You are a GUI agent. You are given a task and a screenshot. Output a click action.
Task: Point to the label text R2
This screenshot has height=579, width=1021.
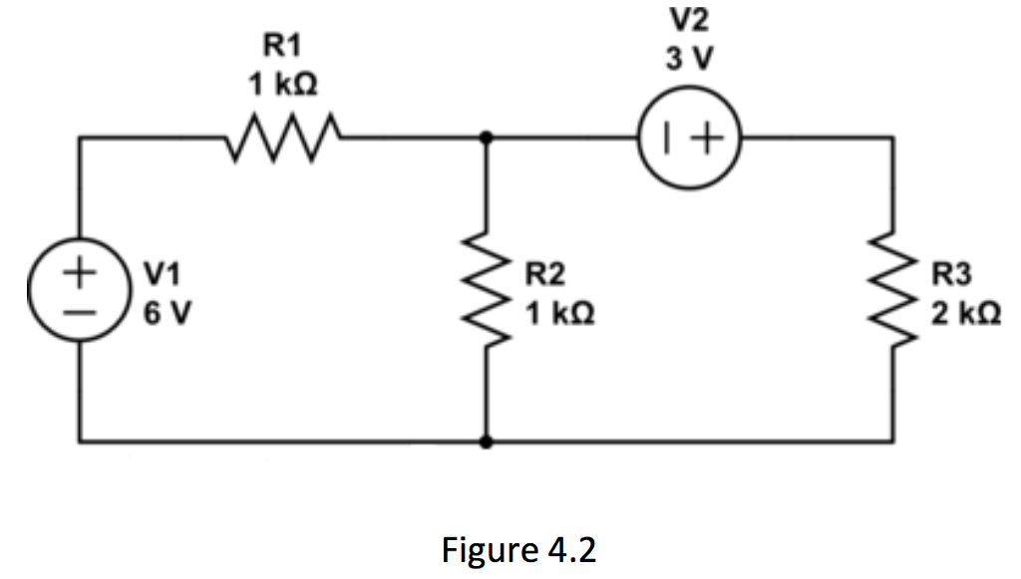(548, 271)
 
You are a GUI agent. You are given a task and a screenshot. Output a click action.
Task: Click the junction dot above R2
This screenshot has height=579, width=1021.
(486, 139)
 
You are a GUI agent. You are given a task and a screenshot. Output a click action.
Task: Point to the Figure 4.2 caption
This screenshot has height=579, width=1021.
(518, 549)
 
